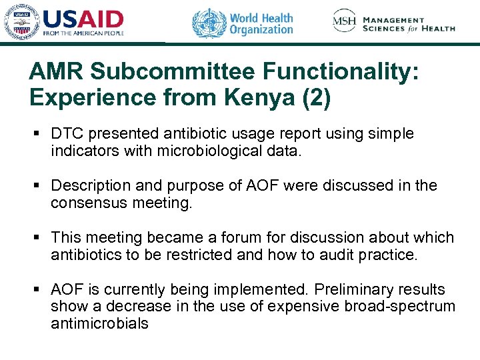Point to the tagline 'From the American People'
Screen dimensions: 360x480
click(83, 33)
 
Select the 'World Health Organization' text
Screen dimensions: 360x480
click(261, 23)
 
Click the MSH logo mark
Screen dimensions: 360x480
click(345, 21)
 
